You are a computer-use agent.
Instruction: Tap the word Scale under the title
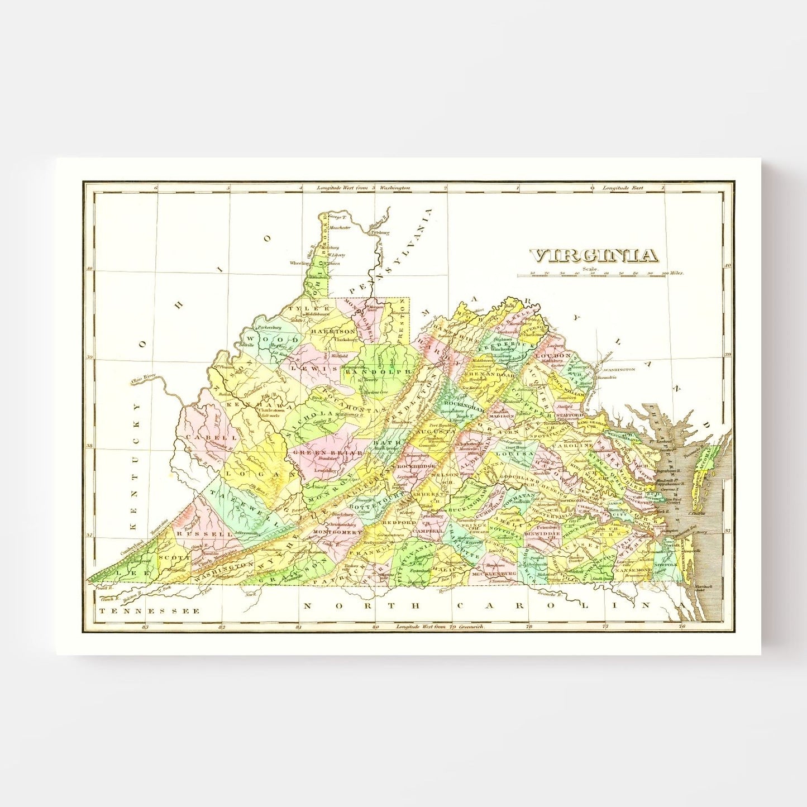coord(590,269)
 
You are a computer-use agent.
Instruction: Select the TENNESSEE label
coord(149,611)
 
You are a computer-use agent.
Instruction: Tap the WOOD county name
coord(274,340)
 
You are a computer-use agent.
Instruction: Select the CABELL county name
coord(204,437)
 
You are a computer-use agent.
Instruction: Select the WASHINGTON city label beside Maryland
coord(618,369)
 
